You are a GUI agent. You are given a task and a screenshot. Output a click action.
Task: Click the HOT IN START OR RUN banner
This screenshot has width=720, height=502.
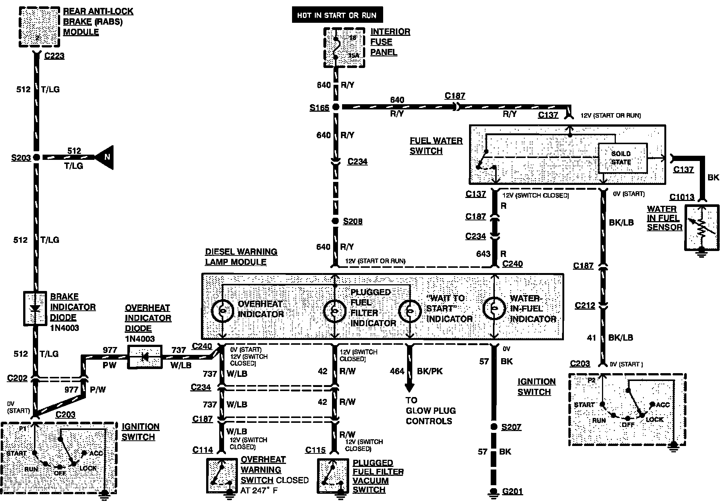[x=337, y=15]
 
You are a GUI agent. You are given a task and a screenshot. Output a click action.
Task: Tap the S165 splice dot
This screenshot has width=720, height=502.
[x=336, y=107]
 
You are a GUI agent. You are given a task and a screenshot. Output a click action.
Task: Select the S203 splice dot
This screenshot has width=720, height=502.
[x=36, y=157]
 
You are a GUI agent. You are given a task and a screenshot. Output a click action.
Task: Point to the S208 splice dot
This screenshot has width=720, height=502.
[x=335, y=221]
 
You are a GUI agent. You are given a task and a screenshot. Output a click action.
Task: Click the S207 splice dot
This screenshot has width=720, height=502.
[x=494, y=427]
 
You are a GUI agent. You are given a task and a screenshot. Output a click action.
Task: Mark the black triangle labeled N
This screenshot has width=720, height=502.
[x=105, y=157]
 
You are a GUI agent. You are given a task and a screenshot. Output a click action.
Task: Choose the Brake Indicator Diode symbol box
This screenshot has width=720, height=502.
[x=35, y=309]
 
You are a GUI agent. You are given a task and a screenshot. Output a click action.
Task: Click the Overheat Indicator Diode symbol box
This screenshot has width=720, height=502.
[x=145, y=357]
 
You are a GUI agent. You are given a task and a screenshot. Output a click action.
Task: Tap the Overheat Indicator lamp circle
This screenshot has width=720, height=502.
[x=223, y=310]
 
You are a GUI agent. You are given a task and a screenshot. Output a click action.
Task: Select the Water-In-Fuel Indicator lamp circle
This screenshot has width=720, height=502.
[x=494, y=308]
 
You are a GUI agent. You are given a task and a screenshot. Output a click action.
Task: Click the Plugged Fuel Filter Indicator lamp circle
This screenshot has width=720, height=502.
[x=335, y=310]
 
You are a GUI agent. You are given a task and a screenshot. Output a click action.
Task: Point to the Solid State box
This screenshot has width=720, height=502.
[x=623, y=158]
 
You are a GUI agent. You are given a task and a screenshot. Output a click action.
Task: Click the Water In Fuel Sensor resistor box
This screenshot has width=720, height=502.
[x=702, y=227]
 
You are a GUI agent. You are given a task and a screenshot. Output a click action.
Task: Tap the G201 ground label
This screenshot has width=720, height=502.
[x=512, y=491]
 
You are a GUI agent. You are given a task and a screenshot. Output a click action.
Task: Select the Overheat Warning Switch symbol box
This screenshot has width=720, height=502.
[x=222, y=475]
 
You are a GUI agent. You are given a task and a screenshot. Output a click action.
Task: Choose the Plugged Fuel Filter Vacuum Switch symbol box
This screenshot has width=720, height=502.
[x=332, y=475]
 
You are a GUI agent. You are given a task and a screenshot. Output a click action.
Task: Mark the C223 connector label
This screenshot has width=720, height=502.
[x=54, y=56]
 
